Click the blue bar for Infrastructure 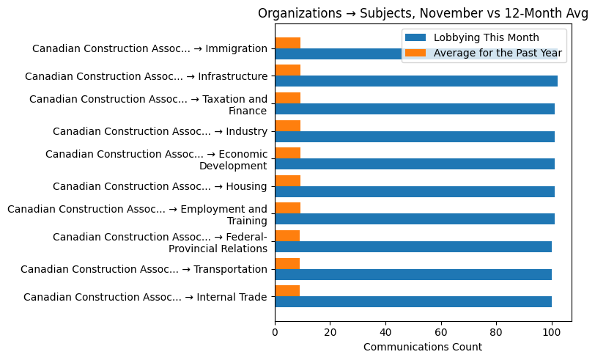pyautogui.click(x=415, y=81)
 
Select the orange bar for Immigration pyautogui.click(x=287, y=43)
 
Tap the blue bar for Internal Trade pyautogui.click(x=413, y=302)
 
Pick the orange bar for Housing pyautogui.click(x=287, y=180)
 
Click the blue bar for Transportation pyautogui.click(x=413, y=274)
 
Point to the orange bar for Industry pyautogui.click(x=287, y=125)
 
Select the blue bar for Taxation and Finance pyautogui.click(x=414, y=109)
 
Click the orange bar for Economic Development pyautogui.click(x=287, y=153)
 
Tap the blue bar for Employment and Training pyautogui.click(x=414, y=219)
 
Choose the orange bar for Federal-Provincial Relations pyautogui.click(x=287, y=236)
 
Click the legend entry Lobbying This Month pyautogui.click(x=486, y=38)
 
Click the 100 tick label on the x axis pyautogui.click(x=552, y=331)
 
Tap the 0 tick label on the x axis pyautogui.click(x=275, y=331)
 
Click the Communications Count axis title pyautogui.click(x=423, y=347)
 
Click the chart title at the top pyautogui.click(x=423, y=13)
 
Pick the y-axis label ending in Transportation pyautogui.click(x=144, y=269)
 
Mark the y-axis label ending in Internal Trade pyautogui.click(x=145, y=297)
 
